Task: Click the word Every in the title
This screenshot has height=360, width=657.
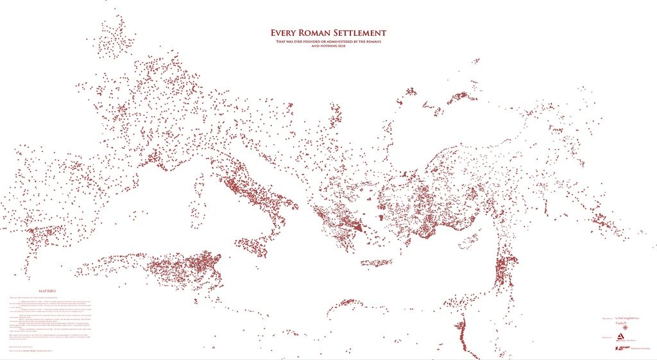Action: [286, 33]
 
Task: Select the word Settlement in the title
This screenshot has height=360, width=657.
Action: [364, 33]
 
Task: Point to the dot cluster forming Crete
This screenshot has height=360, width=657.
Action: [376, 262]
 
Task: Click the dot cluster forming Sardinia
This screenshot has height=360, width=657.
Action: [196, 210]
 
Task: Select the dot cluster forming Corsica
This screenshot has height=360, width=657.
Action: [200, 182]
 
